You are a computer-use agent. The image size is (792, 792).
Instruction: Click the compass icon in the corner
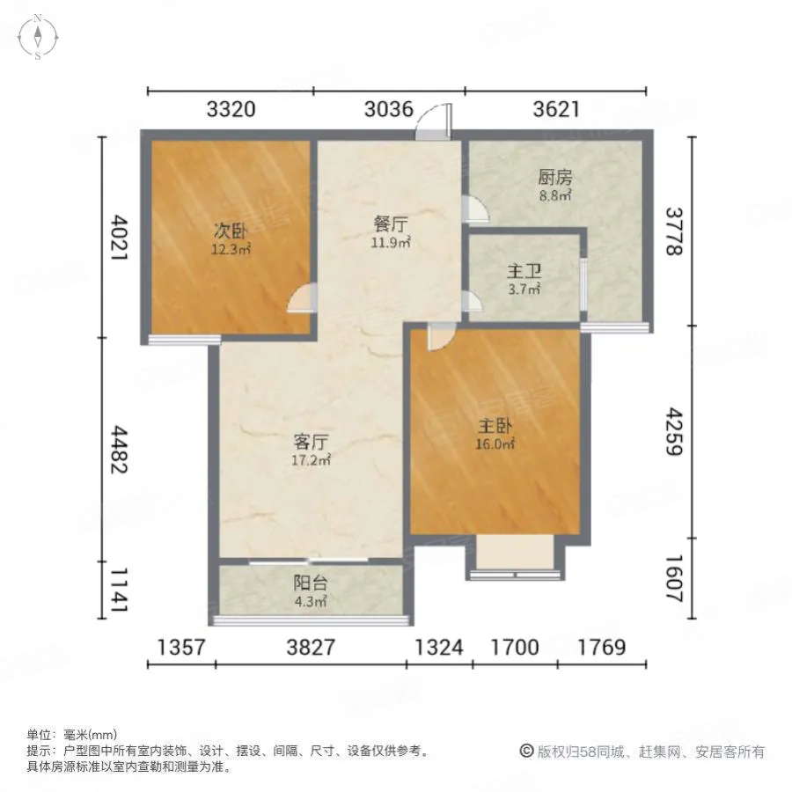pos(39,37)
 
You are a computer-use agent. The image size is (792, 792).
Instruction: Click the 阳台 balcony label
pos(308,584)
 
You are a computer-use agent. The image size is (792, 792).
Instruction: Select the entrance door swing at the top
pos(436,121)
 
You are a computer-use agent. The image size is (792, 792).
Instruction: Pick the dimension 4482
pos(121,449)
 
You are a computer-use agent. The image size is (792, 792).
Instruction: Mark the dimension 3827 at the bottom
pos(311,648)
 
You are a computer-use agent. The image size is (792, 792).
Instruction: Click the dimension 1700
pos(515,648)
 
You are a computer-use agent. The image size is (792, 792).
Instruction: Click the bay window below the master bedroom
pos(515,557)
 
